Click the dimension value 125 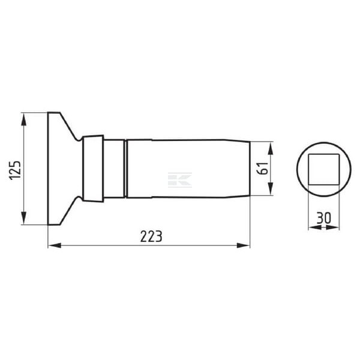(15, 170)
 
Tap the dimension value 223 (151, 236)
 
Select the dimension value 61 (263, 169)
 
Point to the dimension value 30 (324, 218)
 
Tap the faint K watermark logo (180, 180)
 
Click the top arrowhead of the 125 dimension (23, 119)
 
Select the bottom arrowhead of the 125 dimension (23, 218)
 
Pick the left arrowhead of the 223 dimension (55, 245)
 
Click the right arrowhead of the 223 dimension (244, 245)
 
